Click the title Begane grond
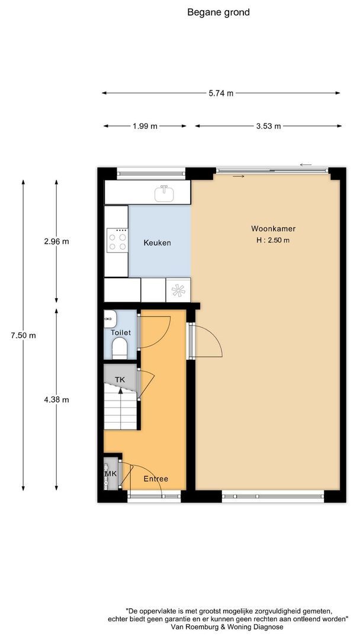coord(218,12)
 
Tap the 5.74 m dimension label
coord(221,93)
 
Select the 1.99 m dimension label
coord(145,126)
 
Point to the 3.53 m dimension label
coord(268,126)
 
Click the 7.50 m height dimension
coord(24,335)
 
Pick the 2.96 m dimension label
coord(57,241)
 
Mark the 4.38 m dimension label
coord(57,399)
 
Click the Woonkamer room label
coord(273,228)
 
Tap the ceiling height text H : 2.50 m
coord(273,240)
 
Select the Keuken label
coord(157,243)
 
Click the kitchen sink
coord(164,193)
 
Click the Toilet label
coord(120,333)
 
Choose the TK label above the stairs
coord(120,379)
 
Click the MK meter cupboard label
coord(110,475)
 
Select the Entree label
coord(156,479)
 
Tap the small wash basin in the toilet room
coord(109,318)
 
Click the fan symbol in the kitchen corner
coord(178,290)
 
